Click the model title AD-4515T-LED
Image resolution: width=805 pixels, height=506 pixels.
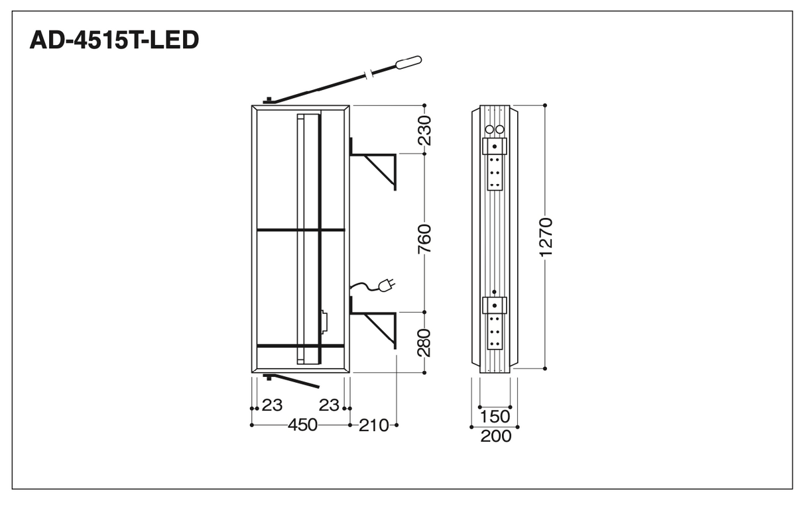[114, 40]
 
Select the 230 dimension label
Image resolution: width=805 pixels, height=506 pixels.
[424, 130]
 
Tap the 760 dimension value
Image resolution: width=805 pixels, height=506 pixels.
[424, 239]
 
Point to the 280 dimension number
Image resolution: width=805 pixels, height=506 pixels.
[424, 342]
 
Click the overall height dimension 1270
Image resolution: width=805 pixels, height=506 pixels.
[546, 237]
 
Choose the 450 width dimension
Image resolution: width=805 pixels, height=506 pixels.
[302, 425]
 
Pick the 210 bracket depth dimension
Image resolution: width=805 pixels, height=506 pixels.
[374, 426]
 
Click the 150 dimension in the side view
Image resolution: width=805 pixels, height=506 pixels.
[495, 417]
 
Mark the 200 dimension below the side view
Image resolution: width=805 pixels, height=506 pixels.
[496, 436]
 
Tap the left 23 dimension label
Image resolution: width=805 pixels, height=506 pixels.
[272, 405]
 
